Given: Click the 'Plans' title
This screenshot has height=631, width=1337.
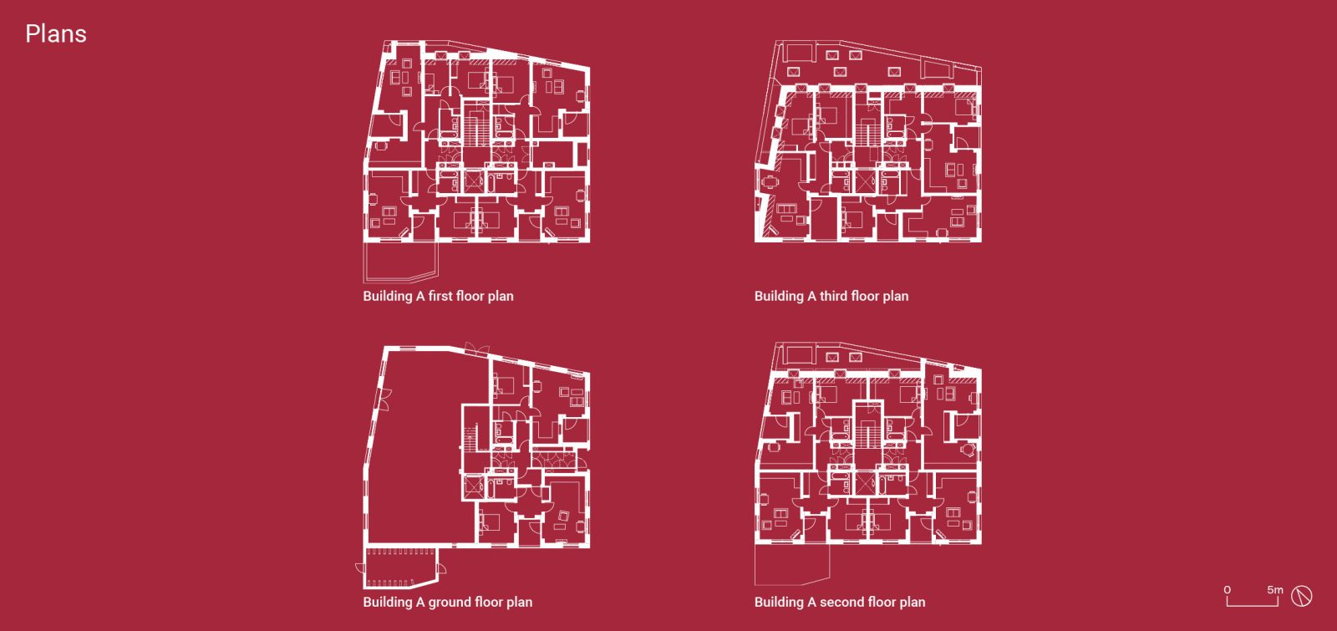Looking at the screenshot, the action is [55, 34].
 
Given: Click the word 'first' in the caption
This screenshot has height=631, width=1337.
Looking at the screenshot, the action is [440, 296].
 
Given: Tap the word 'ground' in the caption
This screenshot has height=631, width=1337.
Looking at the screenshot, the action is [448, 603].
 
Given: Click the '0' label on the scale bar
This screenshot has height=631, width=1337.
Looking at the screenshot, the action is [1228, 590].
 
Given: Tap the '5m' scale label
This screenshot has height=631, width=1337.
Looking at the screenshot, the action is [1275, 590].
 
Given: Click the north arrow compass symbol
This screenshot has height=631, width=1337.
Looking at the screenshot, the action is [1302, 597].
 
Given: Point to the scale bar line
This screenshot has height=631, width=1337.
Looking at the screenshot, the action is [1253, 605].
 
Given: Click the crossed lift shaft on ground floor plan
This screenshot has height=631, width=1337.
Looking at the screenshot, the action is [473, 486].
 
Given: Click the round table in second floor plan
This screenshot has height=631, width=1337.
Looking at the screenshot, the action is [966, 449].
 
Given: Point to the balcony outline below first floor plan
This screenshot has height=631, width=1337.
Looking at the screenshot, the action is [400, 262].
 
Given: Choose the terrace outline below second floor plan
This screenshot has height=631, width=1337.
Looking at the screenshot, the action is [792, 564].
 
